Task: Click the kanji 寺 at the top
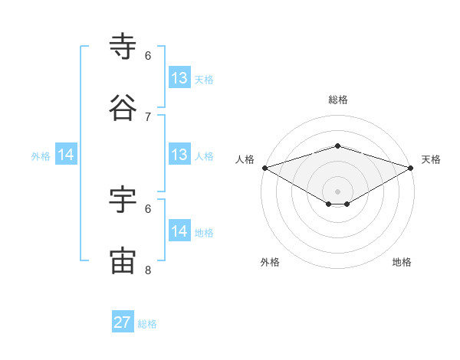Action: [x=123, y=47]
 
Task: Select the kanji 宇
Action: [x=123, y=199]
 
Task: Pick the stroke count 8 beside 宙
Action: [x=148, y=270]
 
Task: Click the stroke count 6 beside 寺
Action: [x=148, y=55]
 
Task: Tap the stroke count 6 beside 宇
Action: [x=148, y=208]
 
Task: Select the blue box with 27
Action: [x=123, y=322]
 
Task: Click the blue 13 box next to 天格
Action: [x=179, y=78]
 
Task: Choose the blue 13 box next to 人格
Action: [x=179, y=155]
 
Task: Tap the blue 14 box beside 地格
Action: [x=179, y=231]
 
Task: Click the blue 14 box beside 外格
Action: [x=66, y=155]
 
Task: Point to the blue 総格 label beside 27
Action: [x=147, y=324]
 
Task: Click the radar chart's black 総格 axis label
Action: [x=337, y=100]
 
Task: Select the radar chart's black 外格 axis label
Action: [x=270, y=262]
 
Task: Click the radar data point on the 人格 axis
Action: [x=264, y=168]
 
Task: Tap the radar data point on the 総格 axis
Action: [x=337, y=146]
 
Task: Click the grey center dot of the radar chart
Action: [x=337, y=191]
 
